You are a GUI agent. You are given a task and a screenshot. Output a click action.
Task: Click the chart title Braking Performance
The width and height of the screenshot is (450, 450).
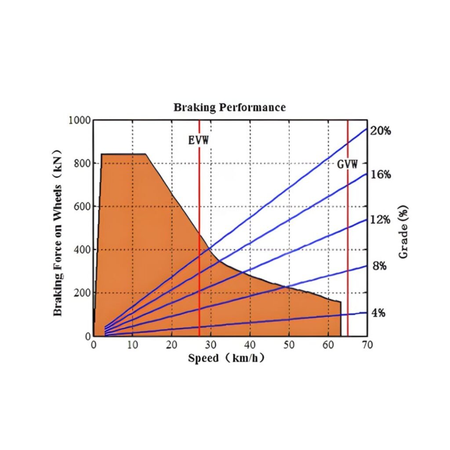tap(229, 107)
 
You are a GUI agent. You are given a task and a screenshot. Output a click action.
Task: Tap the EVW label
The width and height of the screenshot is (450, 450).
tap(198, 140)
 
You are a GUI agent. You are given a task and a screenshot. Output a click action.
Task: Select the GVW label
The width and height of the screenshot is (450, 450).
tap(347, 164)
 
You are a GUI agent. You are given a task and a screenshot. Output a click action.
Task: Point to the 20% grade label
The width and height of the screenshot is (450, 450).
tap(380, 131)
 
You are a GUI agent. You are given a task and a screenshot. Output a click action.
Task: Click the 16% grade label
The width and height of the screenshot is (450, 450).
tap(380, 174)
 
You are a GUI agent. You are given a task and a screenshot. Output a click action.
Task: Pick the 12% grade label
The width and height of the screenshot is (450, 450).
tap(380, 219)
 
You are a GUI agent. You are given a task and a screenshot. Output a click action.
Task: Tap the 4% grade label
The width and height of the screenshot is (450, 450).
tap(378, 313)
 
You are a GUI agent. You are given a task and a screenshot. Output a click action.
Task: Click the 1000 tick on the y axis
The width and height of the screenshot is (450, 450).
tap(79, 120)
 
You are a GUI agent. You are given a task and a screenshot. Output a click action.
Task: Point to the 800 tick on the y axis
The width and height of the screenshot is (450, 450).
tap(81, 163)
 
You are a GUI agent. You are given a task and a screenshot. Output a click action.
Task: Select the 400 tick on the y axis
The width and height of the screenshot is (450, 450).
tap(81, 250)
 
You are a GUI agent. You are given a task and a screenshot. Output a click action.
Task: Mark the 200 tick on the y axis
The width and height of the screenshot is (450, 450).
tap(81, 293)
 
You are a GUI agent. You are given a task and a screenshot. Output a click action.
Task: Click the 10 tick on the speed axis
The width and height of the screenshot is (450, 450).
tap(132, 345)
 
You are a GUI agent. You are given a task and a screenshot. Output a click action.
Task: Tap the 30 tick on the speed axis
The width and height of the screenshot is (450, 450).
tap(211, 345)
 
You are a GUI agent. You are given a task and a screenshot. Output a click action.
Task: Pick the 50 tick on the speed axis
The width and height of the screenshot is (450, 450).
tap(289, 345)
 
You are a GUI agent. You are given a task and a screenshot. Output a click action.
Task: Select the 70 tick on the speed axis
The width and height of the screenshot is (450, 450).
tap(367, 345)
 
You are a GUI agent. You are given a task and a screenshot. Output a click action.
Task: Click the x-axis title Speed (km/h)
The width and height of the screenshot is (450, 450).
tap(226, 358)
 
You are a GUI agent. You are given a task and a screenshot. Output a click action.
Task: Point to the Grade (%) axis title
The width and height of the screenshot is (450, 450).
tap(403, 232)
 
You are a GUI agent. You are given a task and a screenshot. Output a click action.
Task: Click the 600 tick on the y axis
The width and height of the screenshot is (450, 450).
tap(81, 207)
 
